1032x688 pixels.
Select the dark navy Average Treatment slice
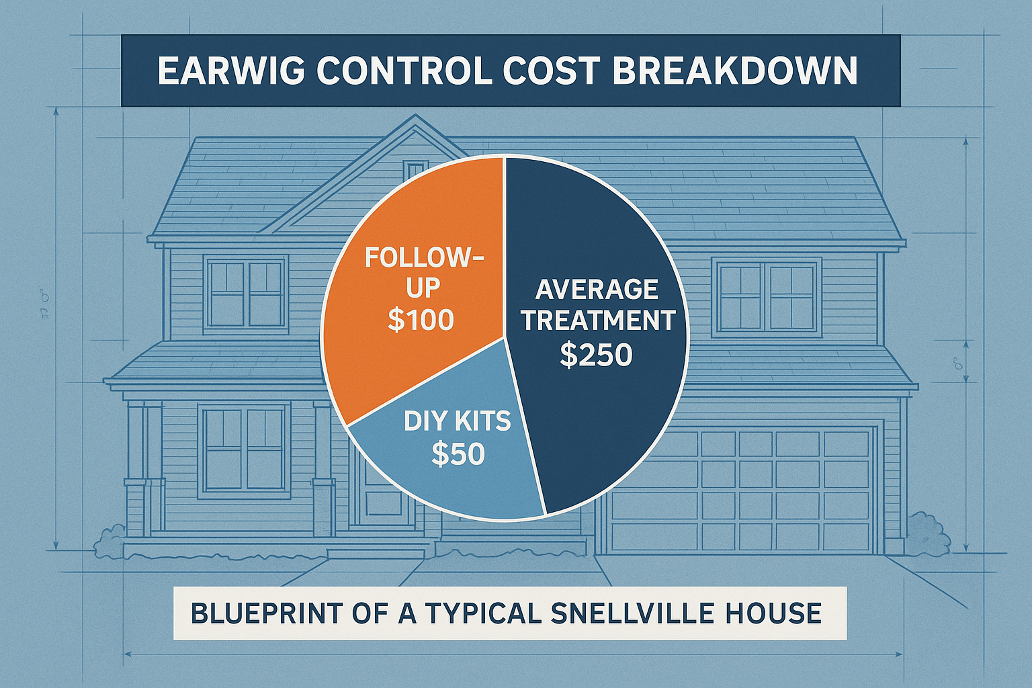pos(605,417)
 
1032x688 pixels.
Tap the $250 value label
pos(596,355)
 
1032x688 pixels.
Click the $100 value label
pos(421,320)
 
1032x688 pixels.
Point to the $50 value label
pos(458,455)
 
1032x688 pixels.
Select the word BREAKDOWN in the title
pos(735,71)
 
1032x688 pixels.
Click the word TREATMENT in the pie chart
pos(598,320)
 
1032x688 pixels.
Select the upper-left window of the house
pos(246,294)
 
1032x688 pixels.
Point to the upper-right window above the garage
pos(767,296)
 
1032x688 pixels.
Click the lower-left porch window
pos(245,449)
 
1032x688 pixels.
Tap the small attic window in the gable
pos(415,169)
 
